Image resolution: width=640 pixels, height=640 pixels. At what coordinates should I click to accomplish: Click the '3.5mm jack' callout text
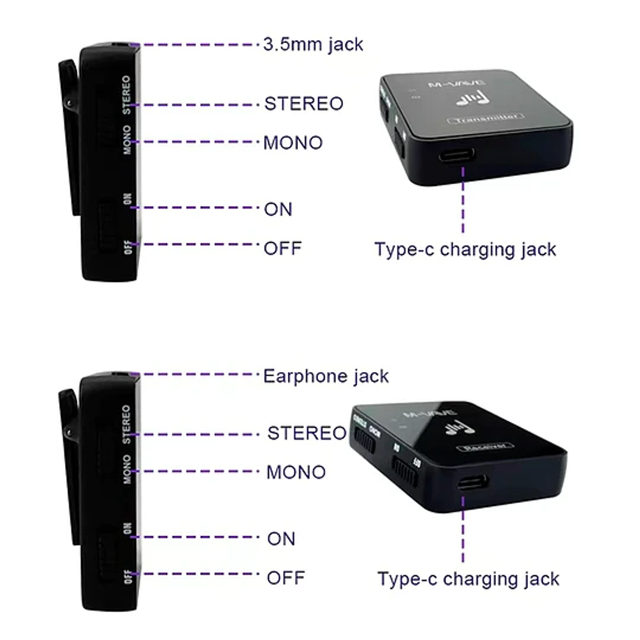coord(313,45)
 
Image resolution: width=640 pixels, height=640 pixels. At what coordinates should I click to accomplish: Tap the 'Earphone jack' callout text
coord(326,376)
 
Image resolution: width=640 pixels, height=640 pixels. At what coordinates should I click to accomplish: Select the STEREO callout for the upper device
coord(304,104)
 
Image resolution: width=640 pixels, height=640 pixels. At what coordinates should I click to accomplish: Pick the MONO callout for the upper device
coord(293,143)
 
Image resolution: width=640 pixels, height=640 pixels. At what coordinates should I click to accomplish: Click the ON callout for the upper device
coord(278,209)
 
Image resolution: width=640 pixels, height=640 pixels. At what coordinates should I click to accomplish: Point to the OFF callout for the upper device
coord(283,248)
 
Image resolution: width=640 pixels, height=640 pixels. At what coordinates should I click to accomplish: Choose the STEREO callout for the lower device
coord(306,433)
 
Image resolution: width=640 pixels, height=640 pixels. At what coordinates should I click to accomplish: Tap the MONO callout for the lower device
coord(296,472)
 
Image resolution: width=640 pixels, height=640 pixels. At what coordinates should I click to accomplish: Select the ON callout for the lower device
coord(281,539)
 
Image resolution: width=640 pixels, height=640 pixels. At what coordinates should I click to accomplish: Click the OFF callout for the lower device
coord(286,578)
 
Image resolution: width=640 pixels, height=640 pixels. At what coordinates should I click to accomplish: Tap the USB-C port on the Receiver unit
coord(473,482)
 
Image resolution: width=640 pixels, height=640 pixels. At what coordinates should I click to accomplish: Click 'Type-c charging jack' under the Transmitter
coord(465,249)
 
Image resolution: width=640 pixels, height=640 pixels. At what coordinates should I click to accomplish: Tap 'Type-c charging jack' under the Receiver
coord(468,579)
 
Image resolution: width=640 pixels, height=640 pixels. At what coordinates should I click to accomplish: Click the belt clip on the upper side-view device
coord(69,135)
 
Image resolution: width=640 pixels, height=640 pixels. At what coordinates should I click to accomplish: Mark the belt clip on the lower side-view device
coord(69,462)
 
